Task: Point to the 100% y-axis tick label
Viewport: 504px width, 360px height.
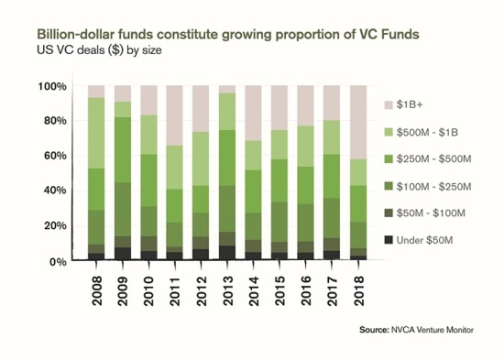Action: coord(52,87)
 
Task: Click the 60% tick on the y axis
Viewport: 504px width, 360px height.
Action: coord(55,157)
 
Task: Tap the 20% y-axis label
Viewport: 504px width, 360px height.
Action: coord(55,226)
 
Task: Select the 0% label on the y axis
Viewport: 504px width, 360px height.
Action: coord(58,261)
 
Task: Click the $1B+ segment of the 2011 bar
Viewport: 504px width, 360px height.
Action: coord(175,115)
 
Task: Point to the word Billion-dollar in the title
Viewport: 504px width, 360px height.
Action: coord(75,34)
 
